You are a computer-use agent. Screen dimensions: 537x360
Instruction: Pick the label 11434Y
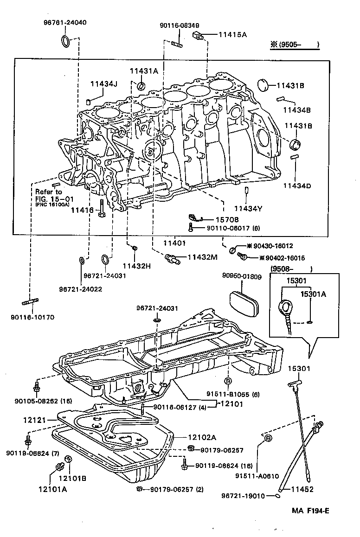pyautogui.click(x=248, y=209)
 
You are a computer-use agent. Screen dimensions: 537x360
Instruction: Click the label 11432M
pyautogui.click(x=203, y=257)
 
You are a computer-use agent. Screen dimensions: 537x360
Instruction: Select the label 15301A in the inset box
pyautogui.click(x=313, y=294)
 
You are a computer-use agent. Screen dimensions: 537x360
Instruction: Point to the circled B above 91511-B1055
pyautogui.click(x=228, y=381)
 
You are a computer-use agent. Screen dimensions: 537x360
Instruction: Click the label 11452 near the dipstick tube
pyautogui.click(x=302, y=489)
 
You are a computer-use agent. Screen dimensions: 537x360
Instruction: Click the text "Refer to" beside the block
pyautogui.click(x=48, y=192)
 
